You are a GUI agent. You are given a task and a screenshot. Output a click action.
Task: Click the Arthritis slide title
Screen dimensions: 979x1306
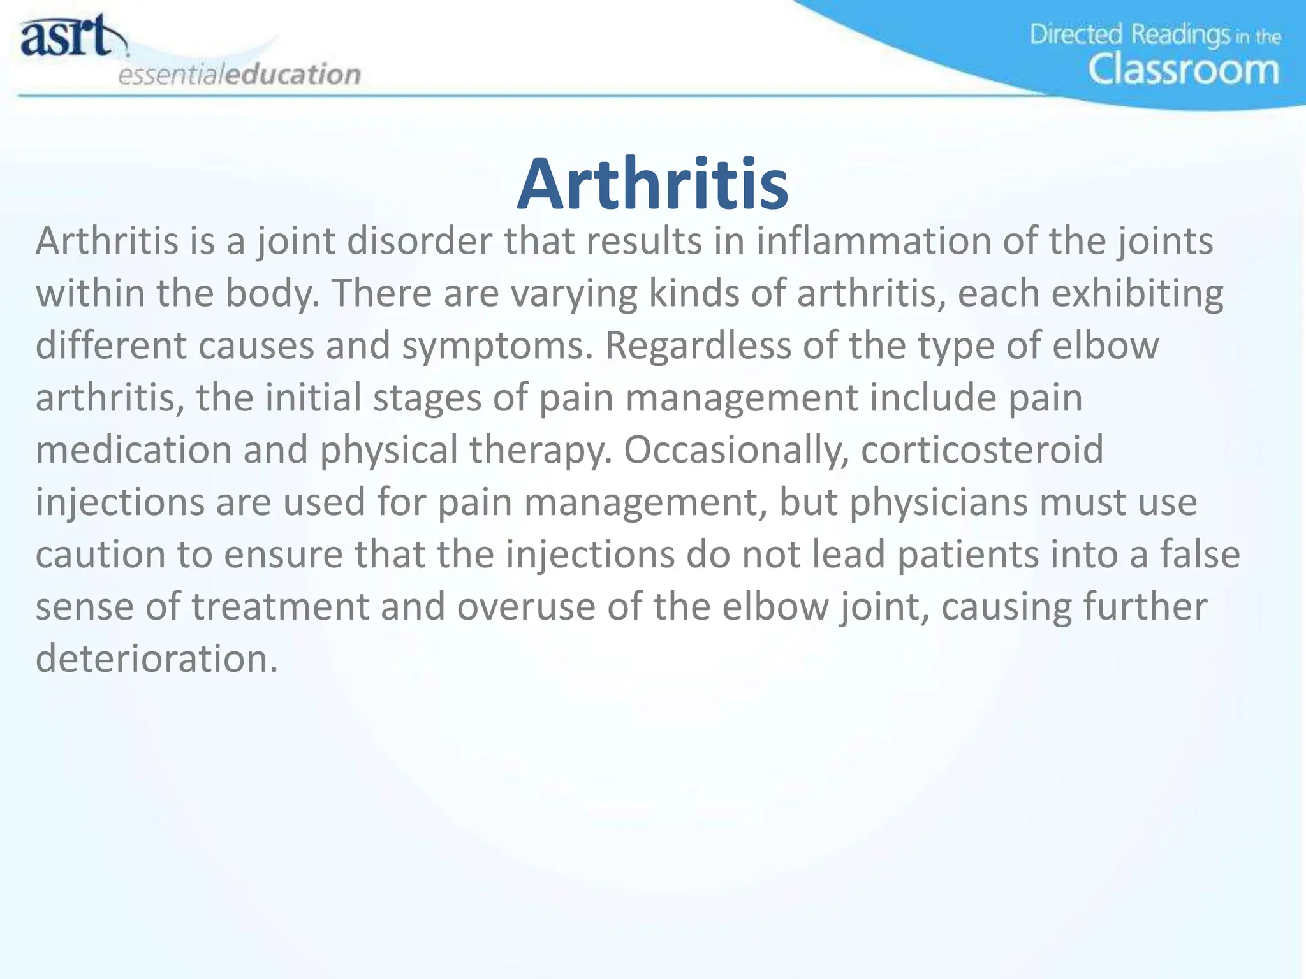(653, 185)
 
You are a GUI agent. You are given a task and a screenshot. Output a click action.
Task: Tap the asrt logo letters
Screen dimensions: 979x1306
(67, 37)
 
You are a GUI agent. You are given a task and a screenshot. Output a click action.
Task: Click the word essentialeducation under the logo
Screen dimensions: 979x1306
(240, 75)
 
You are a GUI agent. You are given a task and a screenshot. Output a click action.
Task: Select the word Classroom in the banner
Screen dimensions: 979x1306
(1184, 69)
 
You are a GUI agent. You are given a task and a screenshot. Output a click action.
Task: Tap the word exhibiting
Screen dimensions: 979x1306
(1137, 294)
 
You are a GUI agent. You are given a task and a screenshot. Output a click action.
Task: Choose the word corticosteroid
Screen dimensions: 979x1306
(982, 450)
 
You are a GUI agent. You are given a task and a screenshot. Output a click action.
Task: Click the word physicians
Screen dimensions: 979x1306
(939, 502)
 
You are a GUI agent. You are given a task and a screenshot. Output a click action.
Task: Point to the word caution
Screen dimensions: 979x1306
(99, 555)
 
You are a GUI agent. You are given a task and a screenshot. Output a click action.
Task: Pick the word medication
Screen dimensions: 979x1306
(134, 450)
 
